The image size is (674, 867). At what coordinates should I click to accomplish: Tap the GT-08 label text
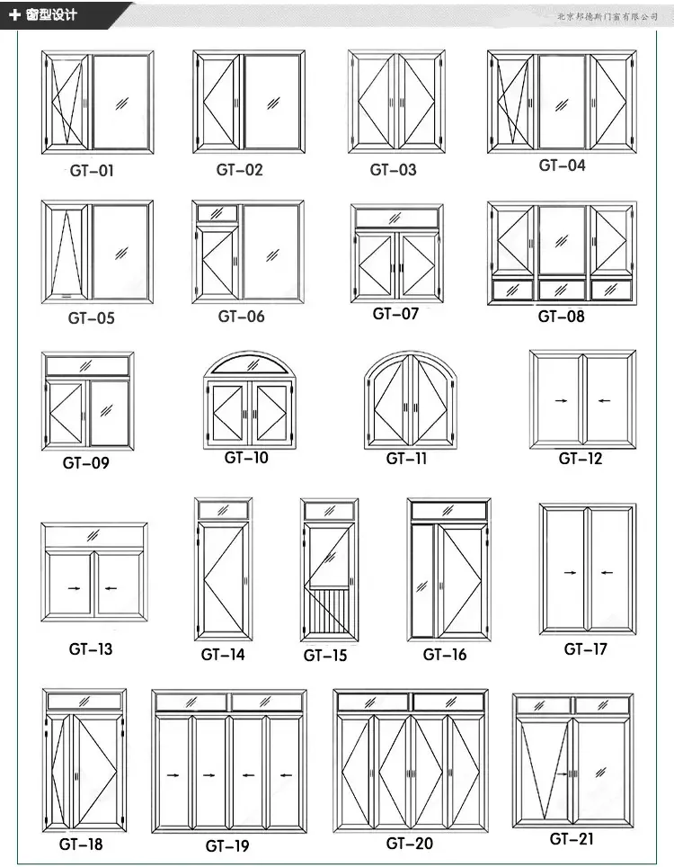pyautogui.click(x=561, y=316)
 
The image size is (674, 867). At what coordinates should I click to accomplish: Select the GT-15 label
pyautogui.click(x=325, y=656)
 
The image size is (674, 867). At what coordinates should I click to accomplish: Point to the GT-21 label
pyautogui.click(x=572, y=839)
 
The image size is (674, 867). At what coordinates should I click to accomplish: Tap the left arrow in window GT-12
pyautogui.click(x=561, y=400)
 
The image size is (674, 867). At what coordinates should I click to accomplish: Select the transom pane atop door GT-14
pyautogui.click(x=223, y=510)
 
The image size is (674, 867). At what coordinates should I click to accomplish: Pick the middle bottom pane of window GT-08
pyautogui.click(x=562, y=290)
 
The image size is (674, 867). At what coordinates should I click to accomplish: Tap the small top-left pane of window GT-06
pyautogui.click(x=216, y=213)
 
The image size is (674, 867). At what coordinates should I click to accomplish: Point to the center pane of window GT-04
pyautogui.click(x=563, y=101)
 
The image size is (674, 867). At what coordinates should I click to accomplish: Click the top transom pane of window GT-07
pyautogui.click(x=396, y=219)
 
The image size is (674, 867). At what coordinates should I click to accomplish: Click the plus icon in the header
pyautogui.click(x=14, y=14)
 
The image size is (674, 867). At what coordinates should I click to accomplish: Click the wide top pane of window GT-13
pyautogui.click(x=93, y=537)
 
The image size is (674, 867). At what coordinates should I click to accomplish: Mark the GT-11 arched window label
pyautogui.click(x=407, y=459)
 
